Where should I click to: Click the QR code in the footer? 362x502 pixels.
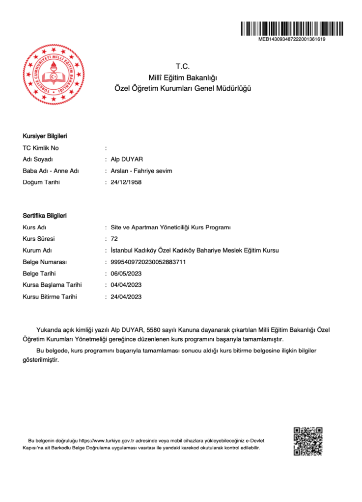pyautogui.click(x=308, y=441)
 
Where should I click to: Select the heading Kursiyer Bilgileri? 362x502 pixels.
pyautogui.click(x=45, y=136)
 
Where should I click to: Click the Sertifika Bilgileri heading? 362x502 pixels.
pyautogui.click(x=45, y=216)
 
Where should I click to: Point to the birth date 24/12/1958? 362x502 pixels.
pyautogui.click(x=126, y=182)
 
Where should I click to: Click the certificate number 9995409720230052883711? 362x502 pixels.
pyautogui.click(x=148, y=262)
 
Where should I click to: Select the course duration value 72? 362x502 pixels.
pyautogui.click(x=114, y=239)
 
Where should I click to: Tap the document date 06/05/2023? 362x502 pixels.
pyautogui.click(x=126, y=274)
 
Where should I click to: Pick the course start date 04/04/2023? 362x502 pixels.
pyautogui.click(x=126, y=285)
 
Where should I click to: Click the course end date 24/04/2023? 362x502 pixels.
pyautogui.click(x=126, y=297)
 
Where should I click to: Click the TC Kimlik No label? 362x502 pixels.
pyautogui.click(x=41, y=148)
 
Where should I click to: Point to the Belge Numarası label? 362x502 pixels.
pyautogui.click(x=45, y=262)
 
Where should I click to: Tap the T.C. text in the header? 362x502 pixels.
pyautogui.click(x=182, y=67)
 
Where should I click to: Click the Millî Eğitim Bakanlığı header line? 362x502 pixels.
pyautogui.click(x=182, y=77)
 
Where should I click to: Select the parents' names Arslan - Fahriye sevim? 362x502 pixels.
pyautogui.click(x=141, y=171)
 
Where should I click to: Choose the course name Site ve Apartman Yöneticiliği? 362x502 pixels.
pyautogui.click(x=170, y=227)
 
